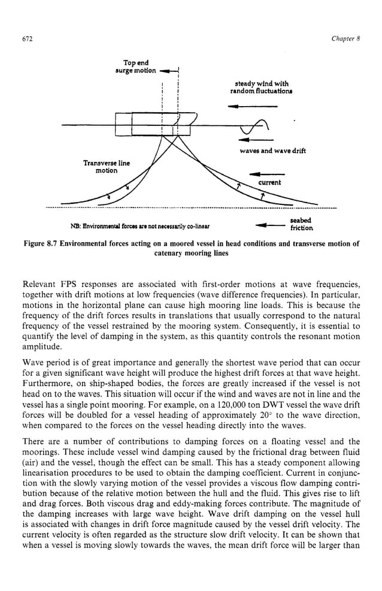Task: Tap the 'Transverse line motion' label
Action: (x=106, y=167)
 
